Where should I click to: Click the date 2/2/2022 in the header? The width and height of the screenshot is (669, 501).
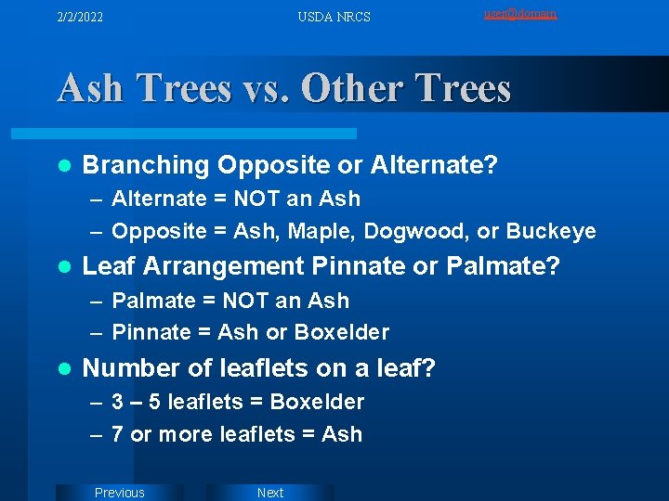click(79, 17)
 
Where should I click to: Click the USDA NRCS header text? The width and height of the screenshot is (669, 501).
click(334, 17)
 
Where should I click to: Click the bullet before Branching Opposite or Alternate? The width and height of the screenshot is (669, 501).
click(63, 165)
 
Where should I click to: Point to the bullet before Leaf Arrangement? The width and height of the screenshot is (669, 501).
click(63, 267)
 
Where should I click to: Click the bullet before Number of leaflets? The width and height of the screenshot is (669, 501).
click(63, 368)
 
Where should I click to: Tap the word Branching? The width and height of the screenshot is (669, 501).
click(146, 165)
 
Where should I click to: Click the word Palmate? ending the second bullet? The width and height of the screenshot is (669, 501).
click(504, 267)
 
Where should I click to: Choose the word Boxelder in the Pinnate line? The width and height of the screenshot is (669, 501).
click(343, 332)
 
